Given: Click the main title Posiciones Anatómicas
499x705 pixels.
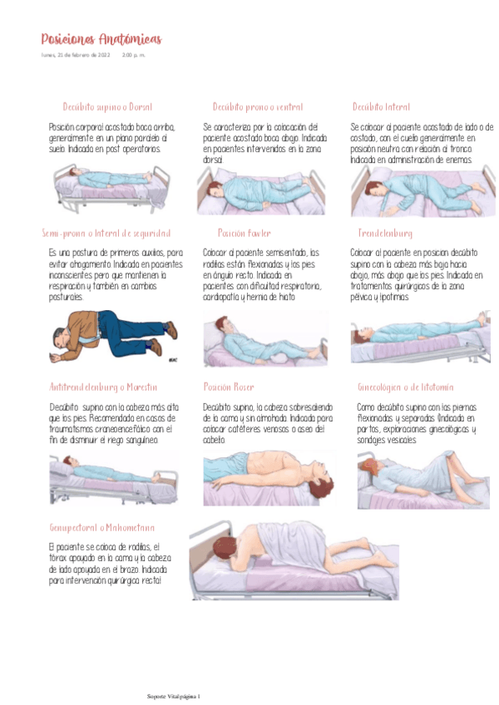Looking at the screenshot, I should click(101, 40).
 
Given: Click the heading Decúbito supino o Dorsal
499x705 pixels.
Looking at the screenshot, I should click(107, 107).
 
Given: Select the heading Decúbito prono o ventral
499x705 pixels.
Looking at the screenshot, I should click(258, 107).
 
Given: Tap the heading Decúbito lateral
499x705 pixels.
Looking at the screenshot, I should click(381, 107).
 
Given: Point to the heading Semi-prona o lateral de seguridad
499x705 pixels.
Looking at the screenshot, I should click(106, 234).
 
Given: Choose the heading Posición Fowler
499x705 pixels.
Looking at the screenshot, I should click(245, 234).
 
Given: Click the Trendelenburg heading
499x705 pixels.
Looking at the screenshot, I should click(385, 234).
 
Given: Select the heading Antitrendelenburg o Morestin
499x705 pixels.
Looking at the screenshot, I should click(103, 387).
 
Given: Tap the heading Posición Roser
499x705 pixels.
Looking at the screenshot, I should click(229, 387).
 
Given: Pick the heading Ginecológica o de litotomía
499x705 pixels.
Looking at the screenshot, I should click(406, 387).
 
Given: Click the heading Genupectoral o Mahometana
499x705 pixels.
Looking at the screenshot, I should click(102, 528).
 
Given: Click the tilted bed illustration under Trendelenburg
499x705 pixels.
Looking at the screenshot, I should click(418, 336).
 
